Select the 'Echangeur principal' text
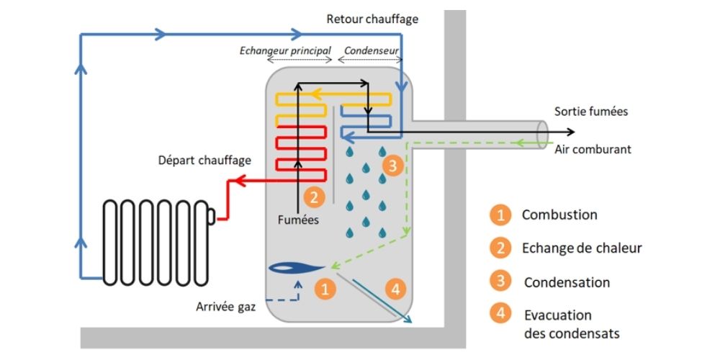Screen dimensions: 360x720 point(284,51)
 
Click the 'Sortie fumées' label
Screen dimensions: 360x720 point(591,112)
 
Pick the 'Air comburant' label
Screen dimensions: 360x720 point(593,150)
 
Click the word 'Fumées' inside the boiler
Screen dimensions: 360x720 point(298,220)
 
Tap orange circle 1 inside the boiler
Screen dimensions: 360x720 point(325,289)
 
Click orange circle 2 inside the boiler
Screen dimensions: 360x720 point(315,195)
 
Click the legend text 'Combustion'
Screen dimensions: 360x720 point(559,215)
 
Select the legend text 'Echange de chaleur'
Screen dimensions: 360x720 point(581,248)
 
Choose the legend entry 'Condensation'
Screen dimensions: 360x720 point(567,282)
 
